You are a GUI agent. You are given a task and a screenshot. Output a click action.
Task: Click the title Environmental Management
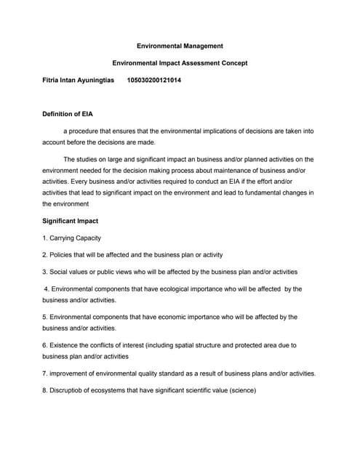180,46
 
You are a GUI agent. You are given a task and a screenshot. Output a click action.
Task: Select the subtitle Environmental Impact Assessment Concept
180,63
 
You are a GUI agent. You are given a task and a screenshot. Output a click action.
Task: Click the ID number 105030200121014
154,81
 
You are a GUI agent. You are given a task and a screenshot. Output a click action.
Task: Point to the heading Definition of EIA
67,115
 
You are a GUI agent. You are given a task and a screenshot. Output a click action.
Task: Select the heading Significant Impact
70,221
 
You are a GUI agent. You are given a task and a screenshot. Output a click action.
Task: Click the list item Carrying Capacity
75,238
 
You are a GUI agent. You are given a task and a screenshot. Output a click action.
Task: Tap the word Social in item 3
60,272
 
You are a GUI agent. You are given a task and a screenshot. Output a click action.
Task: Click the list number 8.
44,391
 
